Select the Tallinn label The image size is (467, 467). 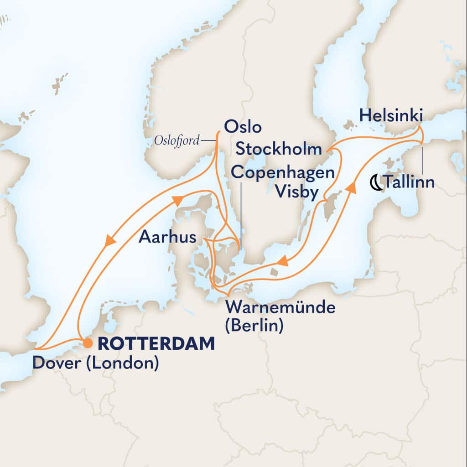click(409, 182)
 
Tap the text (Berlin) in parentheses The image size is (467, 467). click(254, 326)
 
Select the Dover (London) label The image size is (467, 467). click(95, 364)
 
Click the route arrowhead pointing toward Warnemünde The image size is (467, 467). click(283, 261)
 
